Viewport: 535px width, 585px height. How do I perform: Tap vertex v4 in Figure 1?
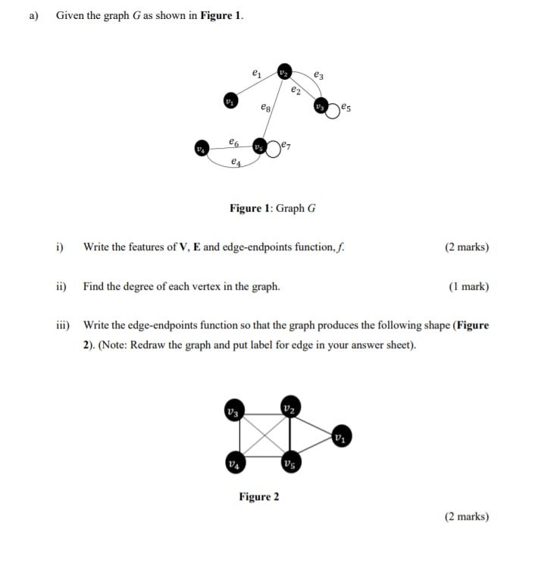tap(201, 148)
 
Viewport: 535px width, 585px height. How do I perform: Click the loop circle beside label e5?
tap(334, 109)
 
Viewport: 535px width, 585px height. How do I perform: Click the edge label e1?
tap(256, 74)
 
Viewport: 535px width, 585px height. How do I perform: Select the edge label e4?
tap(236, 162)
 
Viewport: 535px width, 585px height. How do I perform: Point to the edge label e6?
tap(234, 141)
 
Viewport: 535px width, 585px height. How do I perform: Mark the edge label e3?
tap(318, 74)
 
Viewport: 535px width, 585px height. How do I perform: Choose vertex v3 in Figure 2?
tap(234, 410)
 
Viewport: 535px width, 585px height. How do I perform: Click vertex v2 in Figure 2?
tap(289, 407)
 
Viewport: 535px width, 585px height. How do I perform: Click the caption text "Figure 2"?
tap(259, 497)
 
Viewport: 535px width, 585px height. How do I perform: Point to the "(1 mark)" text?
tap(468, 287)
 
